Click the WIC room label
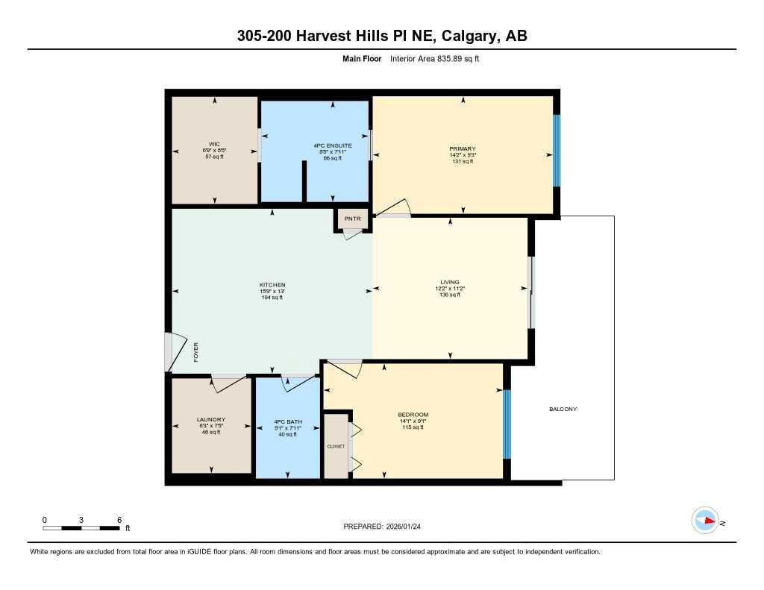point(215,145)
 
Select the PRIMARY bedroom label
point(463,149)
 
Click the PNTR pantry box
point(352,219)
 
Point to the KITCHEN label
point(272,285)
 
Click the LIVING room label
point(450,282)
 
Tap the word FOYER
point(196,351)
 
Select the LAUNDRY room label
point(210,420)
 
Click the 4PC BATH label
point(287,420)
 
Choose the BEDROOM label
point(413,415)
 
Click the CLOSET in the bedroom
point(336,446)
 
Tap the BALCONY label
point(563,409)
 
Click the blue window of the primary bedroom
point(556,151)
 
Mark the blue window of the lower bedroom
point(507,424)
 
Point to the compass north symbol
point(705,521)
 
